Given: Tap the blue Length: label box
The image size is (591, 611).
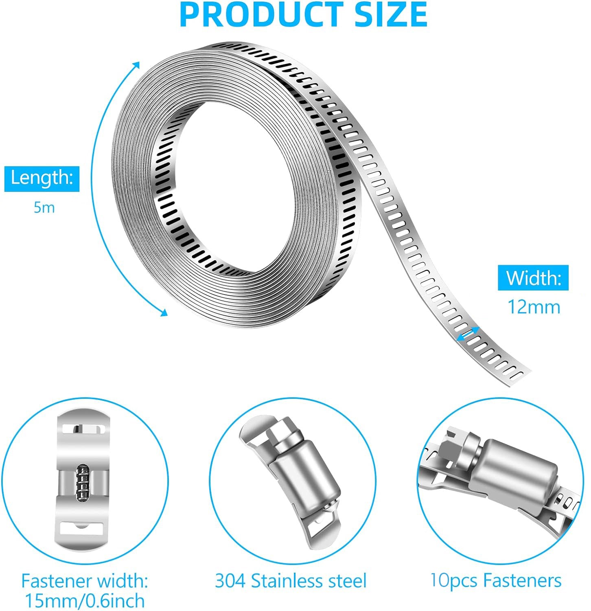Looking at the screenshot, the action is tap(42, 178).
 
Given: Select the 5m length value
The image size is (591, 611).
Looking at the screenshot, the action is tap(44, 208).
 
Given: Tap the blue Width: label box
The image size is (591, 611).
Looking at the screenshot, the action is tap(533, 278).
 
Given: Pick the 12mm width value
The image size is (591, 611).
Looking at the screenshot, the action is tap(534, 307).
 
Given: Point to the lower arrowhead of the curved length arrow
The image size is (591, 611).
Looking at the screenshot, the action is tap(164, 312).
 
